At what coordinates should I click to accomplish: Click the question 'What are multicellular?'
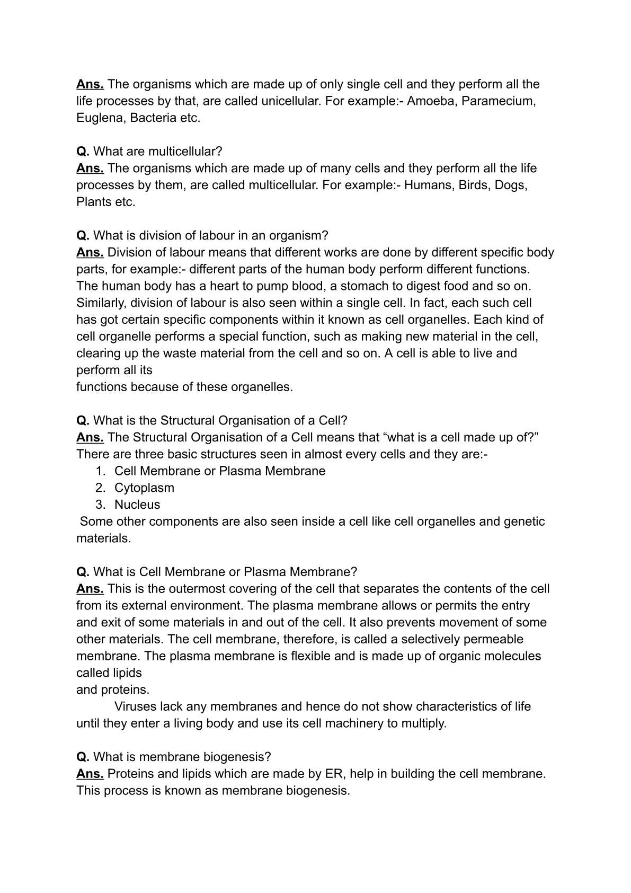click(x=157, y=151)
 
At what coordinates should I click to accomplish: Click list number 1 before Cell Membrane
click(x=100, y=471)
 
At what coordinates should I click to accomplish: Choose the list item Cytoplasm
click(x=144, y=488)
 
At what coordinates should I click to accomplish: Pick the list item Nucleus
click(x=137, y=505)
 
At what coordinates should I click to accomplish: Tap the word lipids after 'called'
click(x=127, y=673)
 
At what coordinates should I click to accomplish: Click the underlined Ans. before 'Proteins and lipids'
click(x=90, y=774)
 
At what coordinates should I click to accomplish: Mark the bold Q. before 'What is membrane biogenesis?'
click(x=83, y=757)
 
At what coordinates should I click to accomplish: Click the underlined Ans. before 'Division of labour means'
click(x=90, y=252)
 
